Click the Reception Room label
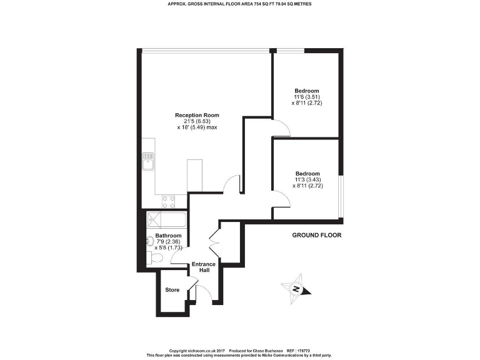point(197,115)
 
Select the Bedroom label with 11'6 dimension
point(307,91)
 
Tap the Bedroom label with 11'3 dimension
point(307,173)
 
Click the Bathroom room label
point(169,236)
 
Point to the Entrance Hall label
point(204,267)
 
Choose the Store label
point(172,290)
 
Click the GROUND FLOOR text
point(317,235)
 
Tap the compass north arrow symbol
point(297,289)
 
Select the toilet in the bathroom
point(154,258)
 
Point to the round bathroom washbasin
point(151,241)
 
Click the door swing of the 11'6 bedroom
point(281,127)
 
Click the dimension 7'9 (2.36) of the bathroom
point(169,242)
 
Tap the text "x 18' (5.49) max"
point(197,127)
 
